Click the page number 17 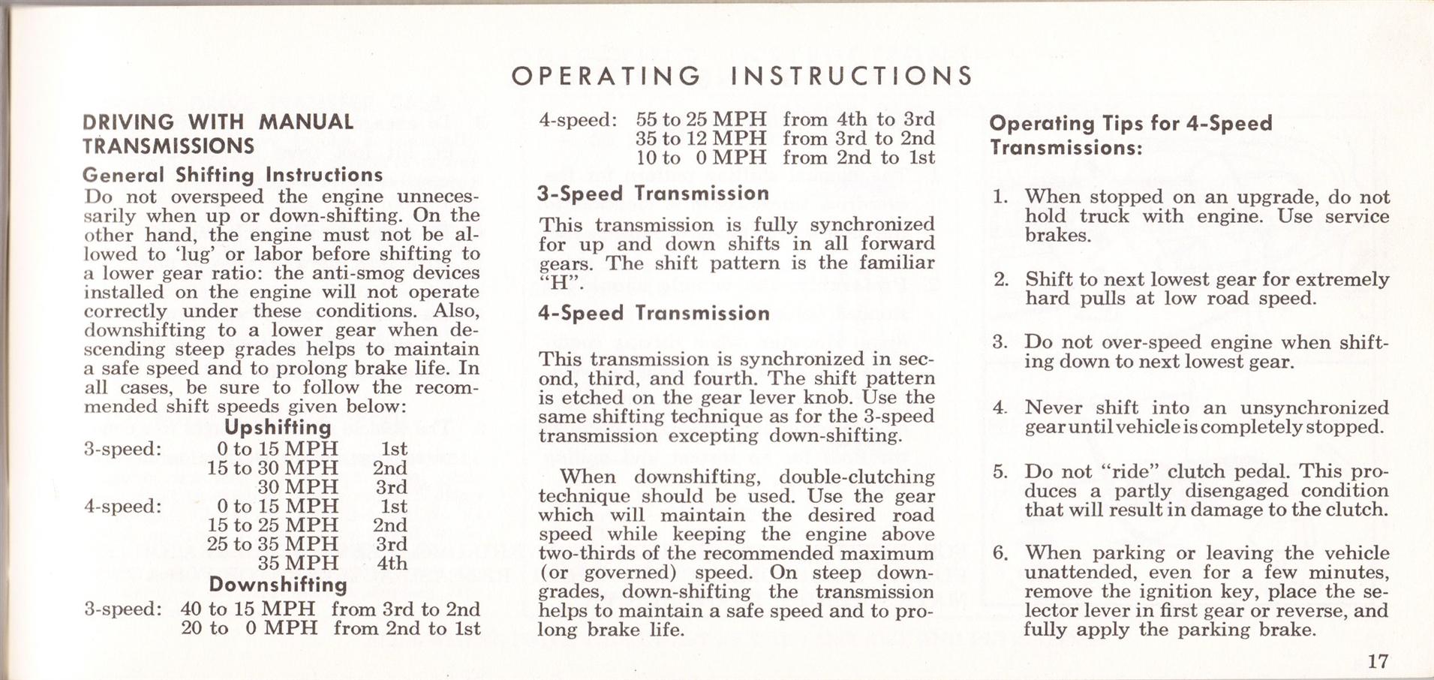[x=1378, y=661]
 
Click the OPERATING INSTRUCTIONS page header [x=741, y=76]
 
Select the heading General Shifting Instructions [x=233, y=175]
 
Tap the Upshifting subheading [x=278, y=428]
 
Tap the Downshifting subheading [x=278, y=584]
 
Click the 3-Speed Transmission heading [x=653, y=194]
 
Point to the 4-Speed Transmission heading [x=653, y=313]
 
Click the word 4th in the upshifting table [x=392, y=563]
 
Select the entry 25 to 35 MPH [x=272, y=544]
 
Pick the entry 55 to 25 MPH [x=701, y=119]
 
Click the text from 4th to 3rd [x=858, y=119]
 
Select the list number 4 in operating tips [x=999, y=408]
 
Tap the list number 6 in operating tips [x=999, y=553]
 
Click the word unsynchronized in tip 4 [x=1314, y=408]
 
